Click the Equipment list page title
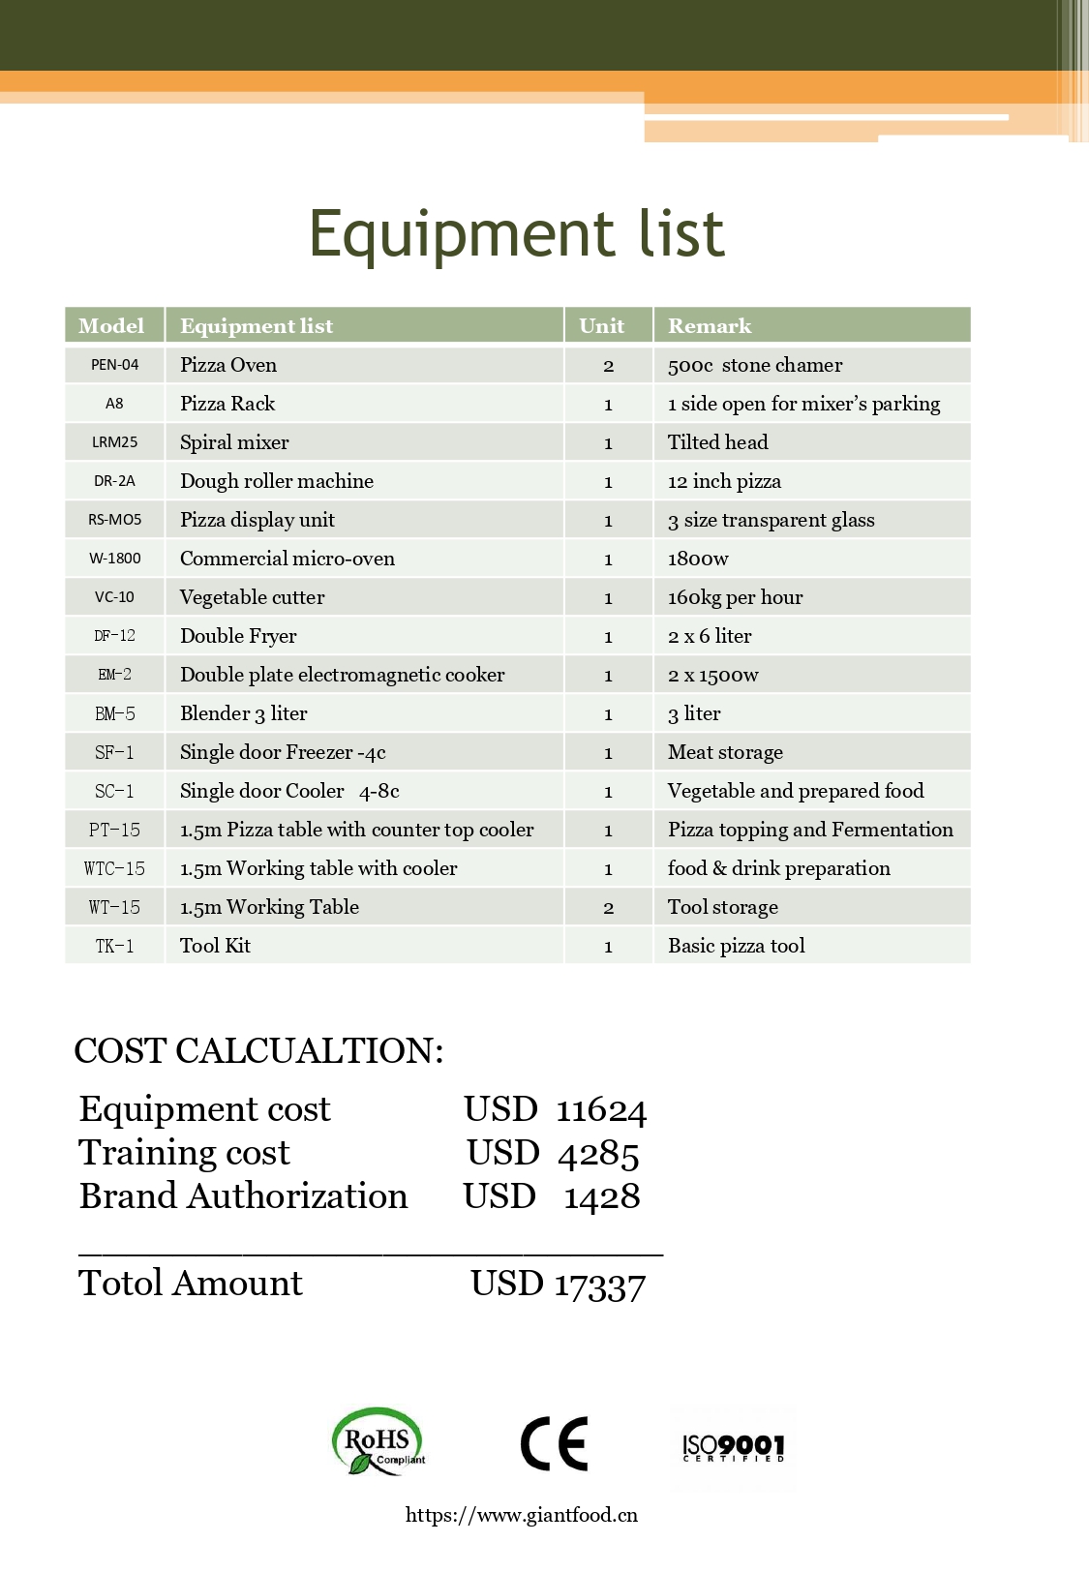516,233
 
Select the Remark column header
710,326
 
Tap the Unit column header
601,326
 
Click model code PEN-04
114,365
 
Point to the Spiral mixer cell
234,442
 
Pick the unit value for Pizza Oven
608,366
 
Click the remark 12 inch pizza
724,481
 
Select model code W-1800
114,559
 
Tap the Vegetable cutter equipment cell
252,597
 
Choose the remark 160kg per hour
735,597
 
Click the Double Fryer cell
238,636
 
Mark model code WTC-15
114,868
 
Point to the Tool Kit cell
215,946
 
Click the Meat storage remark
725,752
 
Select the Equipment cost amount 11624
601,1110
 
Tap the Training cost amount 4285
598,1154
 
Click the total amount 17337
599,1286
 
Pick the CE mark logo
554,1443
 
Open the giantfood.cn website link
521,1515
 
